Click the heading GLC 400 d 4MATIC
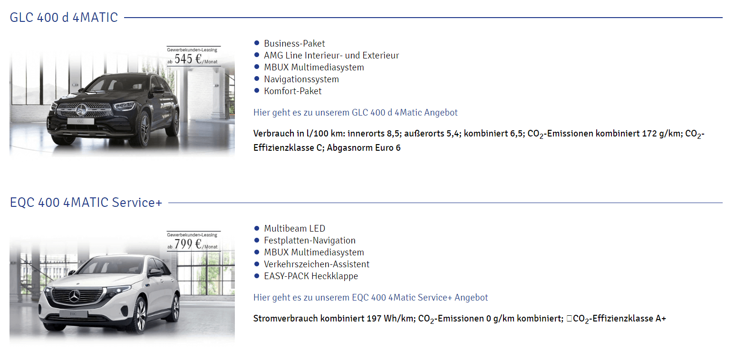(64, 18)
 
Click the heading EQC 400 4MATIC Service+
(86, 203)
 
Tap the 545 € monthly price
(188, 59)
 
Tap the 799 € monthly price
(188, 244)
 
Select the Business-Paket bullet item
(294, 43)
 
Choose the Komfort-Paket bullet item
(293, 91)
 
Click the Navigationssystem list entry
(301, 79)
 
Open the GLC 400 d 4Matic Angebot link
(356, 113)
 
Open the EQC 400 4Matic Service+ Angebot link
(371, 298)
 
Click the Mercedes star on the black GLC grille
(81, 110)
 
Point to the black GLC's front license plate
(80, 121)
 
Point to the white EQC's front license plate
(73, 314)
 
